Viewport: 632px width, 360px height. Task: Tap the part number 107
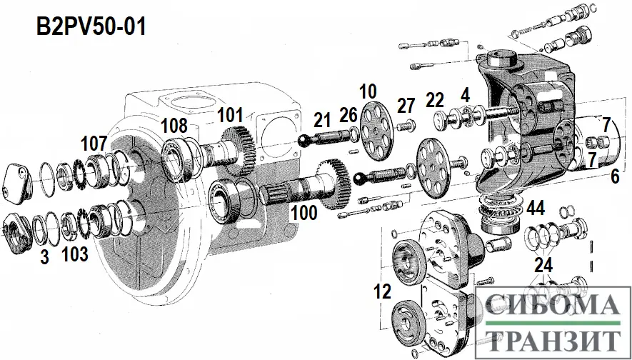[x=94, y=144]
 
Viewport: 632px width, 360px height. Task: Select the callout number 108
[x=174, y=126]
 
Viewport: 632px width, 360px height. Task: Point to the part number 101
[x=231, y=115]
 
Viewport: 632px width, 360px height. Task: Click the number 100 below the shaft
[x=304, y=212]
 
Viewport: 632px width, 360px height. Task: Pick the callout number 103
[x=76, y=254]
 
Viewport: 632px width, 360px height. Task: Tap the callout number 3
[x=45, y=258]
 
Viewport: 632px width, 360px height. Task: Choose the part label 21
[x=322, y=120]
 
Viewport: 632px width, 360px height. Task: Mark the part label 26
[x=348, y=115]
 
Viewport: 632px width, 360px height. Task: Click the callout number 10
[x=368, y=92]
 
